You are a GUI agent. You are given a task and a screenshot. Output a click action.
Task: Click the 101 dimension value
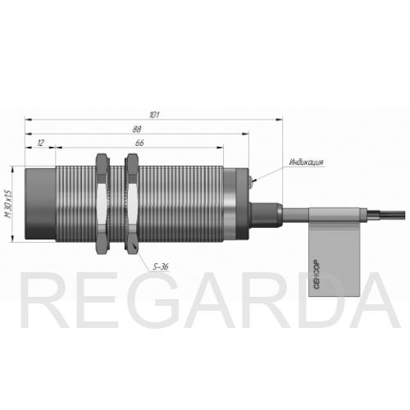coord(154,115)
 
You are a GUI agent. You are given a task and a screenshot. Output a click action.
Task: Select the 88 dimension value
coord(137,130)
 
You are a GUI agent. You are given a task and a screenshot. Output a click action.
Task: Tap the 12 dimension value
coord(40,143)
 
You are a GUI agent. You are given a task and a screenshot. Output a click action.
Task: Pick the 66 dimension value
coord(139,143)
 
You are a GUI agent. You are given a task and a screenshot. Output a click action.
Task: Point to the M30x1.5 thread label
coord(9,203)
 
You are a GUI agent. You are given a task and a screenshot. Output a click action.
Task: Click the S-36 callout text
coord(161,266)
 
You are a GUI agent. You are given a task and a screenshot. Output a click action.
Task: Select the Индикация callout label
coord(307,162)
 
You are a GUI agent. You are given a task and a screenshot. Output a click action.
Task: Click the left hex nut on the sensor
coord(102,203)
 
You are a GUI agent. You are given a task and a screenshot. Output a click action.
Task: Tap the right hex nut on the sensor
coord(132,203)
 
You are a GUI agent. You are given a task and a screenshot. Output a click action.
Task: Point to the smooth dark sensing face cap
coord(40,204)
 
